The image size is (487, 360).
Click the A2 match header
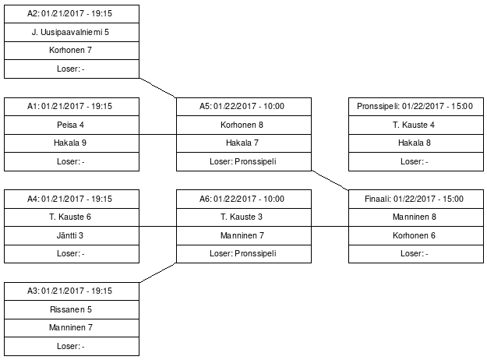tap(72, 14)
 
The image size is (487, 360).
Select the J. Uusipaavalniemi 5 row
tap(72, 32)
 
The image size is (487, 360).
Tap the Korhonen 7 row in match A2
tap(72, 51)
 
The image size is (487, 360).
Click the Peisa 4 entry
tap(72, 125)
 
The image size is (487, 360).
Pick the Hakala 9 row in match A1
tap(72, 143)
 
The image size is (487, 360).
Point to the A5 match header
tap(243, 107)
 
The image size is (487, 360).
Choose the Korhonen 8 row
tap(243, 125)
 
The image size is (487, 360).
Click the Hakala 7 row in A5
tap(243, 143)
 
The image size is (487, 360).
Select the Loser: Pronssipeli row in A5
tap(243, 162)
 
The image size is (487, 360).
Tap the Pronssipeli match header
tap(415, 107)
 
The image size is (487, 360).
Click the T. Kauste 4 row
tap(415, 125)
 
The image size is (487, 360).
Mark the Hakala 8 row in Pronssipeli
tap(415, 143)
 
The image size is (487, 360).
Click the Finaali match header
tap(415, 199)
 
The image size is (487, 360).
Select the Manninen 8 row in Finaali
tap(415, 217)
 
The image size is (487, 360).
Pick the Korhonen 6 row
tap(415, 235)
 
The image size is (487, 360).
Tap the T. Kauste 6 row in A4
tap(72, 217)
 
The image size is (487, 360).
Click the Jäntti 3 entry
tap(72, 235)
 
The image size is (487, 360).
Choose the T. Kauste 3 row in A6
tap(243, 217)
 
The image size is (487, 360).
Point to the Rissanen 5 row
tap(72, 309)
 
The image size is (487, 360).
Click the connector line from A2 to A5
tap(158, 87)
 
